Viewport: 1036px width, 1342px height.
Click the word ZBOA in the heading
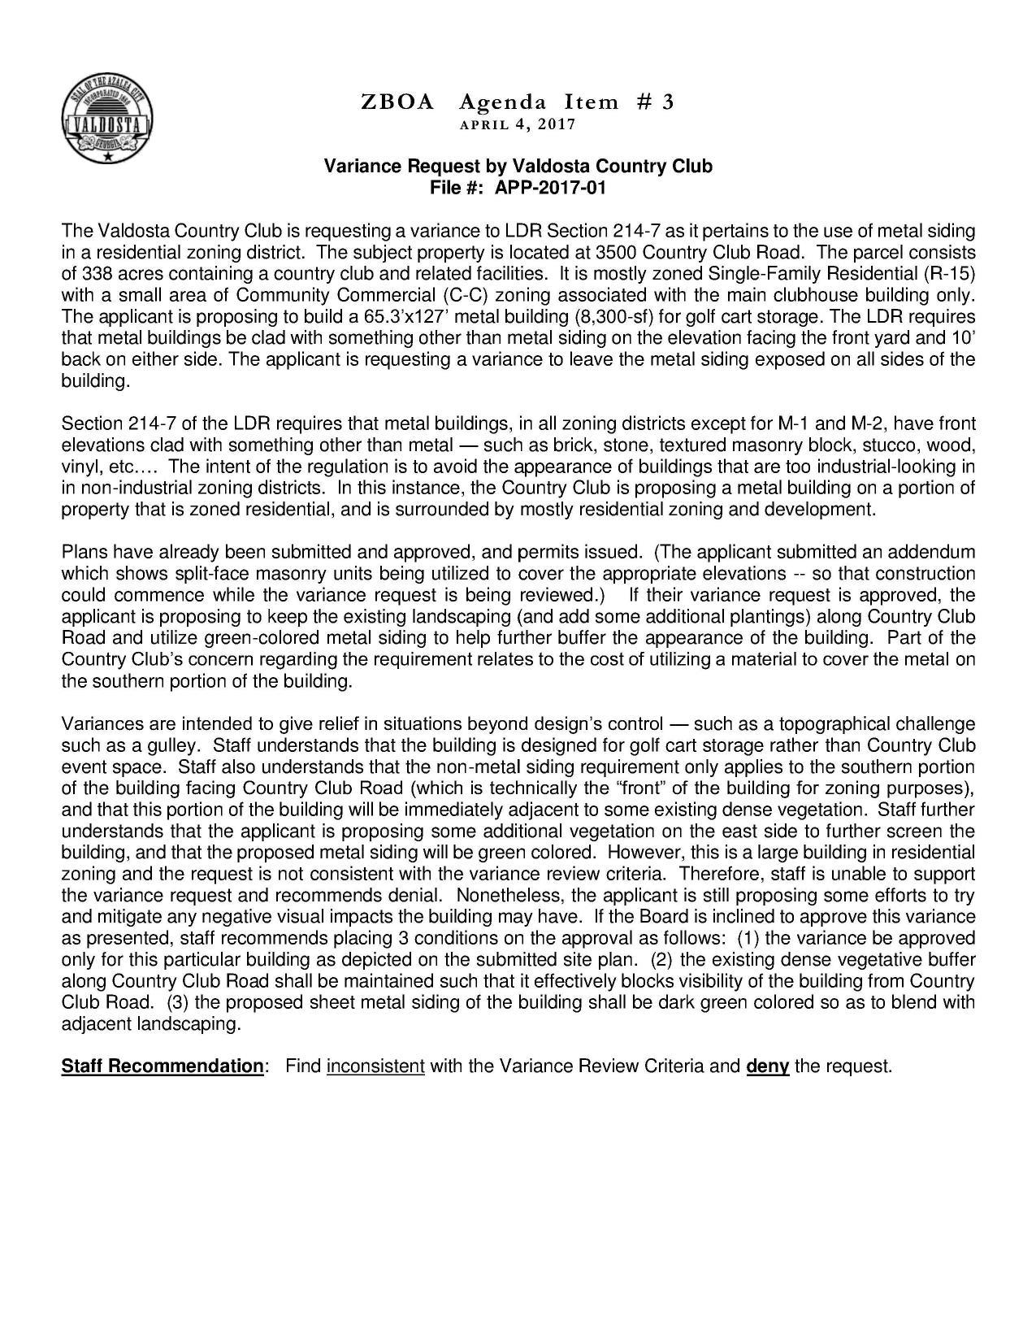[397, 102]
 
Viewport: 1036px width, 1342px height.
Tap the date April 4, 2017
[518, 125]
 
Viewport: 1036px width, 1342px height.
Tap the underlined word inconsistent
[375, 1066]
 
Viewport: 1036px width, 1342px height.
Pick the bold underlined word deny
[767, 1066]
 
